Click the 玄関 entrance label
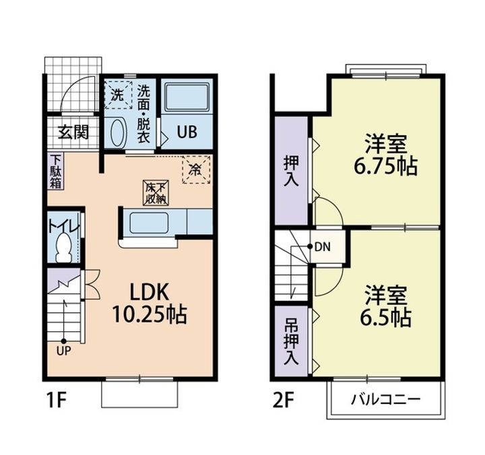point(73,133)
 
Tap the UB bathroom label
point(187,132)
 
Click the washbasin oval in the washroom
point(117,133)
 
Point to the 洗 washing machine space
point(118,95)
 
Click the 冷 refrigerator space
point(196,170)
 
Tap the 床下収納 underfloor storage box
point(156,193)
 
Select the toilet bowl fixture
point(64,248)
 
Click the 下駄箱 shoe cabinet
point(56,171)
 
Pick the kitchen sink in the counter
point(149,223)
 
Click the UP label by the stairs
point(64,351)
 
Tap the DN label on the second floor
point(323,247)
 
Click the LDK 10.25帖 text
point(149,304)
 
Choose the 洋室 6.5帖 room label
point(386,306)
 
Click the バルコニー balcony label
point(386,399)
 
